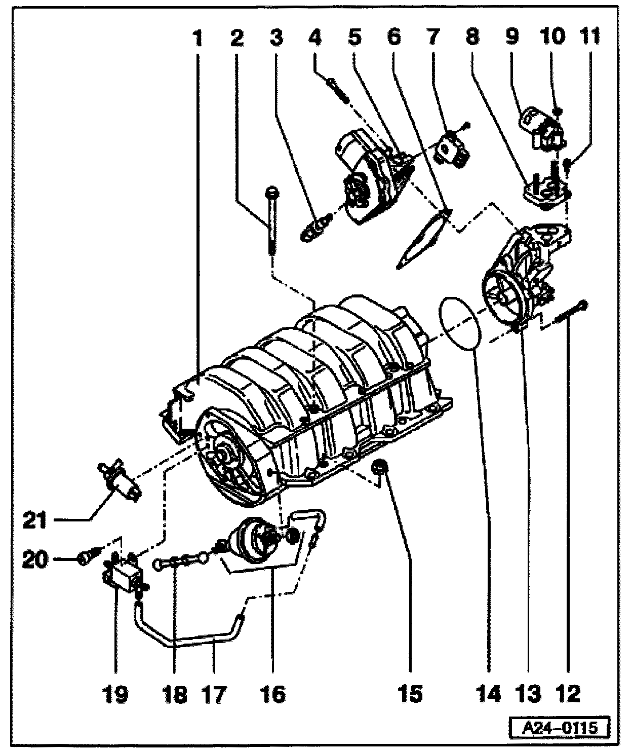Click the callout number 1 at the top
tap(198, 37)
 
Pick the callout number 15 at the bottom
tap(410, 694)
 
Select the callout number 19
tap(116, 694)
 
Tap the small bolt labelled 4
tap(336, 90)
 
